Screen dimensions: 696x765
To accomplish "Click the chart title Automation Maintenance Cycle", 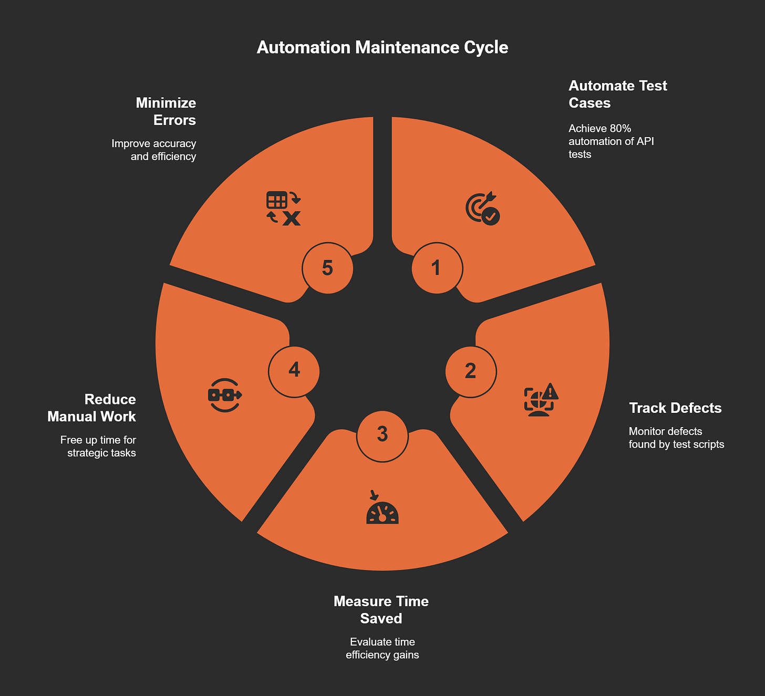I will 382,47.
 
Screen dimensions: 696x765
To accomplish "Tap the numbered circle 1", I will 437,268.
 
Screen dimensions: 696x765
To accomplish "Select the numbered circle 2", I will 470,371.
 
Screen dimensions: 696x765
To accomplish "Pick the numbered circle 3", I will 382,435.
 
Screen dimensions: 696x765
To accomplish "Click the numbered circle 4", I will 294,370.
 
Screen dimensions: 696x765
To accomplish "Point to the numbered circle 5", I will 327,268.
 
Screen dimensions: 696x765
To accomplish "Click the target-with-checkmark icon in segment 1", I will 482,209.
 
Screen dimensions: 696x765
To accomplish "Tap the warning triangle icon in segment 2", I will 550,391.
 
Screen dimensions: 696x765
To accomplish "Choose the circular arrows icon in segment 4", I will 225,395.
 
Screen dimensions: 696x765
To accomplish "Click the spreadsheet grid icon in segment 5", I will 277,200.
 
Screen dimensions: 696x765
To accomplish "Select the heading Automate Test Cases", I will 617,94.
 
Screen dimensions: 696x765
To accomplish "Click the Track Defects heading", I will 675,408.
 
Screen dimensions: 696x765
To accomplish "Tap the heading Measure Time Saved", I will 381,609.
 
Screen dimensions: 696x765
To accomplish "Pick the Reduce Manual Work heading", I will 92,408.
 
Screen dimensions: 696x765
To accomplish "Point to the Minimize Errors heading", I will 166,111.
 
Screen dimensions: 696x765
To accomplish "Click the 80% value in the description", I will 621,129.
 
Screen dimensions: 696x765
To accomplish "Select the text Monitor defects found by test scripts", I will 676,438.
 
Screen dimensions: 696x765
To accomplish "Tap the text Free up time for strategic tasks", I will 98,446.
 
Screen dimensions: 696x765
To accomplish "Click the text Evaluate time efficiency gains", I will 382,648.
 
